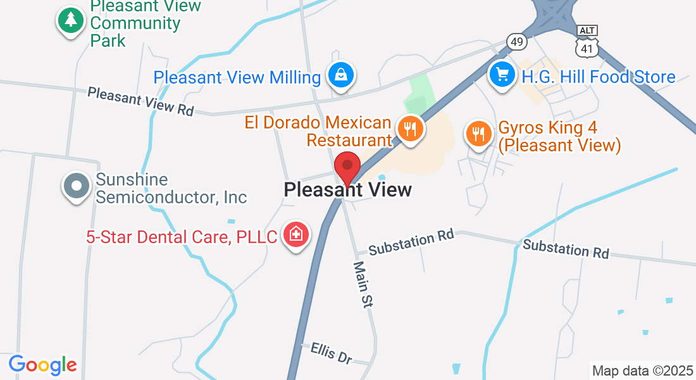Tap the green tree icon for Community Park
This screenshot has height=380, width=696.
(71, 21)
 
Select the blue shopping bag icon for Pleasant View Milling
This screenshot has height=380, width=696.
(341, 75)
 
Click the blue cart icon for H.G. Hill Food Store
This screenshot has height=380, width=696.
(503, 75)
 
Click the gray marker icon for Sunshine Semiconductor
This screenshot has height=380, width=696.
(77, 187)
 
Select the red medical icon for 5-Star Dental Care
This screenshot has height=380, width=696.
(295, 234)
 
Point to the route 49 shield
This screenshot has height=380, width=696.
(517, 42)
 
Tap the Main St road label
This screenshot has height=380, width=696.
(363, 284)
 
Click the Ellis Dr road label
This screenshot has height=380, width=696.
(332, 353)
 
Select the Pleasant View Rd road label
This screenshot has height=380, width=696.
(140, 101)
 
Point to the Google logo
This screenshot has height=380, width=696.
(43, 365)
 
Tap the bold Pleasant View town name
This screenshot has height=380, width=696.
(348, 189)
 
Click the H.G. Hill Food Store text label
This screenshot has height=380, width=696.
(599, 77)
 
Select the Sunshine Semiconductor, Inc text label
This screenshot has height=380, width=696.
(171, 189)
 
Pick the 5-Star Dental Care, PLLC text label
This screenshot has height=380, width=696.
(182, 237)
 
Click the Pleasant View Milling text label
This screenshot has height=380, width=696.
(237, 77)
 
